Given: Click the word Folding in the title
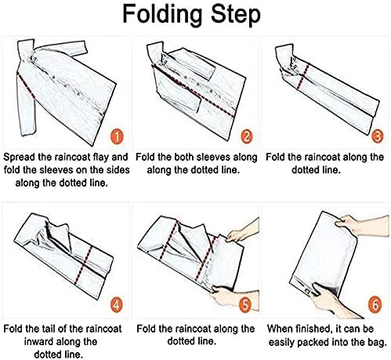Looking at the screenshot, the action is [162, 15].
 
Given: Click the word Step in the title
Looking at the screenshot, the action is [236, 15].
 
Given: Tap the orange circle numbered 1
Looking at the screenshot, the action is [117, 137].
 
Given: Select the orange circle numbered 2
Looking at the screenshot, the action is [247, 136].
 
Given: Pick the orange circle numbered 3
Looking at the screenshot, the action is [377, 136].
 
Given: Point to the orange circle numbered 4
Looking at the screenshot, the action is [116, 304].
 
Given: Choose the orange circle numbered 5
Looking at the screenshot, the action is [245, 304].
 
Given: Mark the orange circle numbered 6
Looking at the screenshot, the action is [375, 304].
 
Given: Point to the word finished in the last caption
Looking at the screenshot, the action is [313, 329].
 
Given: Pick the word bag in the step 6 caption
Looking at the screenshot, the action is [378, 342].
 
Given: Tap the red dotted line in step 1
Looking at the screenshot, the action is [26, 86].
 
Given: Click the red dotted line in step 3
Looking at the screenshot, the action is [302, 76].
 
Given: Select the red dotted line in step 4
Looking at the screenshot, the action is [83, 265].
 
